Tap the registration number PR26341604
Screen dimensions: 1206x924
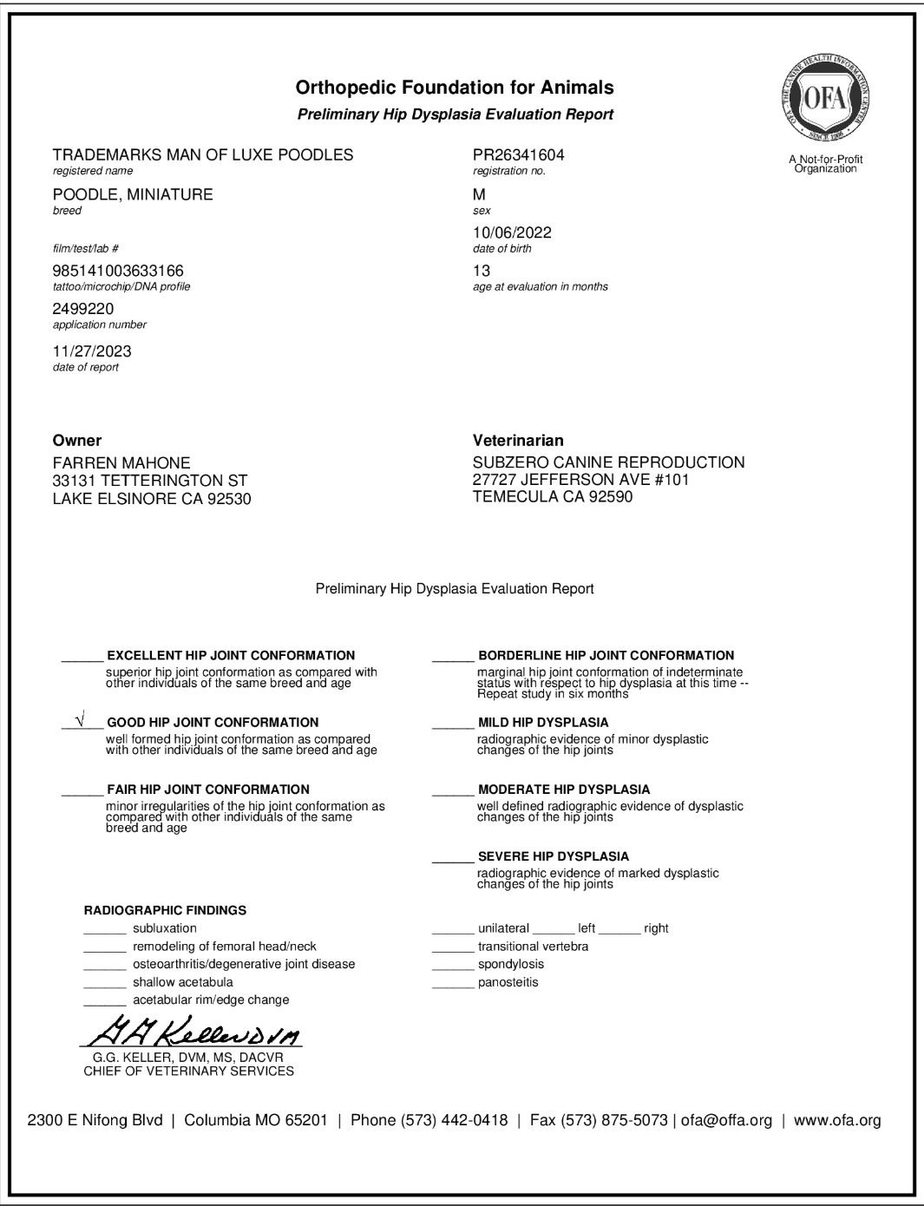518,155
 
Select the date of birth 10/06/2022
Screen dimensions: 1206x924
512,233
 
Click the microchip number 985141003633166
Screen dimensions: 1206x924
118,271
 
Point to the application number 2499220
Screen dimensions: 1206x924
83,309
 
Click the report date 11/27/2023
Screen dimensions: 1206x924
92,351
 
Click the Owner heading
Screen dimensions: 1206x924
77,441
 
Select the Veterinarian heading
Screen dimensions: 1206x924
518,441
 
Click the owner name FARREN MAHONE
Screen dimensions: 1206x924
121,463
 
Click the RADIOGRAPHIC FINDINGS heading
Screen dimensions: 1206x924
165,910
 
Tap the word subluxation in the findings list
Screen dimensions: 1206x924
165,928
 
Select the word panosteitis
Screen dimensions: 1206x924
508,982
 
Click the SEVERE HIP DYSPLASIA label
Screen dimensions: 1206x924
553,856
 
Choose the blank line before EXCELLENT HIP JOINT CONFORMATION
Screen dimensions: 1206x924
82,657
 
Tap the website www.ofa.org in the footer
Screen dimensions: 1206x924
837,1120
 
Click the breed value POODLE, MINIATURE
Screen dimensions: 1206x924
133,194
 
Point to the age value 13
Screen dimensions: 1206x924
482,271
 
